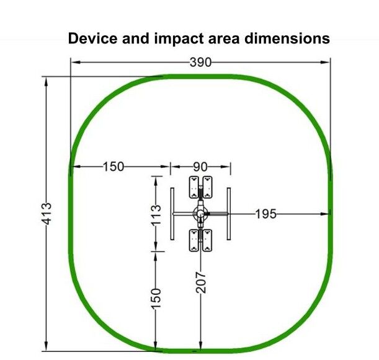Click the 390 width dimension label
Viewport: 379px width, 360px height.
point(200,63)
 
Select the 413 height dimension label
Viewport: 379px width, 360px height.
point(47,214)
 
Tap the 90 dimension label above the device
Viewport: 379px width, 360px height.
point(200,167)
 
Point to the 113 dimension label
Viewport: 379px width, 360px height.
point(156,215)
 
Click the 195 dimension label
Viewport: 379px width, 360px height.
point(265,214)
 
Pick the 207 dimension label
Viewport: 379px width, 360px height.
point(201,283)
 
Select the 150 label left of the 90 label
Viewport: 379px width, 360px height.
point(114,167)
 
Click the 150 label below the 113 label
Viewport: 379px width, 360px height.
point(156,299)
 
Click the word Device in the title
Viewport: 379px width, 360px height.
point(92,38)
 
